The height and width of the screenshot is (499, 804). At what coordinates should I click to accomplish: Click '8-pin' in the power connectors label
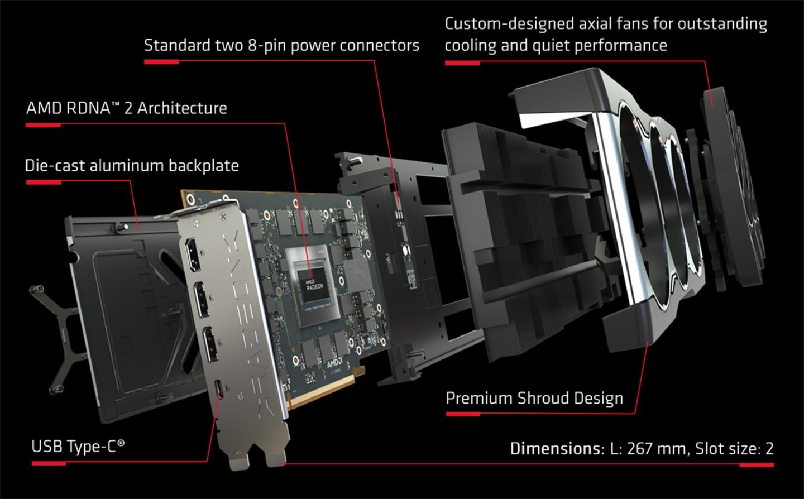point(267,45)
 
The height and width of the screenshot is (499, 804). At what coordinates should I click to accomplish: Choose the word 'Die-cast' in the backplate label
point(55,166)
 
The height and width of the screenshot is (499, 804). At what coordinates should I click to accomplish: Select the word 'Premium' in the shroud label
point(478,399)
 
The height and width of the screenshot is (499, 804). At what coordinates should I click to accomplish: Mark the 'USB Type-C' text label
point(78,447)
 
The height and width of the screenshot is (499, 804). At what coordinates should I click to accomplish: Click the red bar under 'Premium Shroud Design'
point(463,414)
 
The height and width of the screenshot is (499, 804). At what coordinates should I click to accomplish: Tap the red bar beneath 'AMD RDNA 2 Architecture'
point(43,125)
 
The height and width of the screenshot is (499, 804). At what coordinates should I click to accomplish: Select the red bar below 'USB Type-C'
point(49,463)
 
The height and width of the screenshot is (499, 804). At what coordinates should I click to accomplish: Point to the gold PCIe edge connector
point(324,391)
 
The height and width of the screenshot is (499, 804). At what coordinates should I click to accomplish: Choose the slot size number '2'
point(769,449)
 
